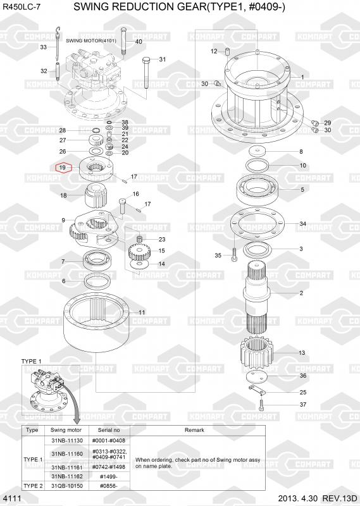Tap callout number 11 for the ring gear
142,312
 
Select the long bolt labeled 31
146,73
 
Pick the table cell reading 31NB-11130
67,440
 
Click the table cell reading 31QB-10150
67,486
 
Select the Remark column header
194,430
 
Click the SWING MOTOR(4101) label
91,41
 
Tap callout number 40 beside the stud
139,42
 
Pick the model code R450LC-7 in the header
22,7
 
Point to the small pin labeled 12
227,51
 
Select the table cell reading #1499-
108,477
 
